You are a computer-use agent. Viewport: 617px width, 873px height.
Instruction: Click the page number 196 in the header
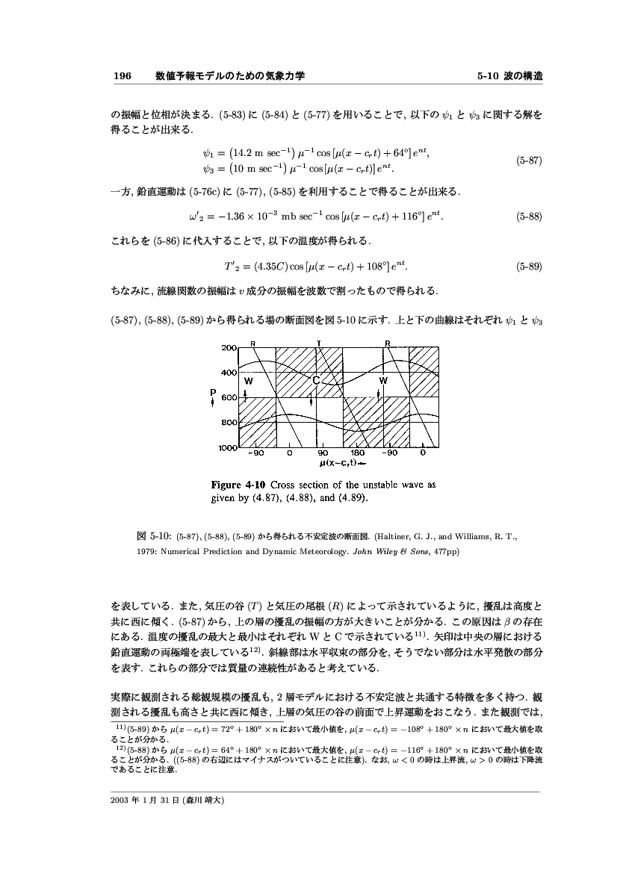[x=122, y=76]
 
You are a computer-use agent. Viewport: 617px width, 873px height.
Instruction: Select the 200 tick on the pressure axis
[x=229, y=347]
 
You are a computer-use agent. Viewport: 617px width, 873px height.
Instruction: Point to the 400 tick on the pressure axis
[x=229, y=372]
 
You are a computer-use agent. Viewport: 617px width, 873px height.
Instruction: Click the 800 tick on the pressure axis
[x=229, y=423]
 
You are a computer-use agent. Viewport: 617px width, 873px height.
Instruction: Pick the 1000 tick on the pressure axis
[x=227, y=448]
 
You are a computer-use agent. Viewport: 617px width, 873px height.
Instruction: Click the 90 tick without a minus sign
[x=323, y=453]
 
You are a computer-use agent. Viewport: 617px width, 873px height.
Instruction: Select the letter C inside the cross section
[x=315, y=381]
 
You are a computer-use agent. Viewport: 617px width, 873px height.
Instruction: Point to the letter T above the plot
[x=318, y=343]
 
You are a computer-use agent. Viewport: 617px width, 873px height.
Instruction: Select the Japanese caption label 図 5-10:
[x=152, y=535]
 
